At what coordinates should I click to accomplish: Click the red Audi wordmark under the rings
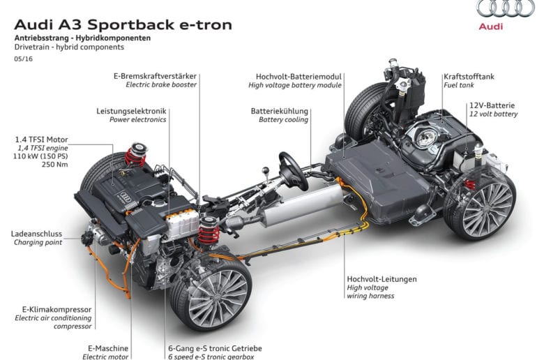click(x=490, y=27)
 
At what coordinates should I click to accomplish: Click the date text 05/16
click(x=24, y=59)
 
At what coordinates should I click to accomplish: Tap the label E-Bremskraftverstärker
click(x=155, y=76)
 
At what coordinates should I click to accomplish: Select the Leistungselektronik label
click(x=132, y=111)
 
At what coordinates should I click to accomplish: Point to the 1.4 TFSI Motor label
click(x=41, y=140)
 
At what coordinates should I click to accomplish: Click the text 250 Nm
click(x=55, y=164)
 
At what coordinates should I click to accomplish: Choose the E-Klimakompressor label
click(x=57, y=309)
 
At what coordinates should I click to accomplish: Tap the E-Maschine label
click(x=108, y=348)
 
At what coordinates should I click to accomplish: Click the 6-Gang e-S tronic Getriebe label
click(x=215, y=348)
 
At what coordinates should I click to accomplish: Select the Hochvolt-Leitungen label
click(x=381, y=279)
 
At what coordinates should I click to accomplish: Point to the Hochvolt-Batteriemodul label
click(x=299, y=76)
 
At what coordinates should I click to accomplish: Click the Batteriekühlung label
click(x=279, y=111)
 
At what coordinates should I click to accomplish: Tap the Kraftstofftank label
click(x=469, y=76)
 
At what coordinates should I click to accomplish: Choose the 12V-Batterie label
click(x=492, y=105)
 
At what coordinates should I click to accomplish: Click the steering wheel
click(x=294, y=171)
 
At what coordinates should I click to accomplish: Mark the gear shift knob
click(x=266, y=170)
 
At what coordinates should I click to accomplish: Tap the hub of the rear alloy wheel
click(x=485, y=206)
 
